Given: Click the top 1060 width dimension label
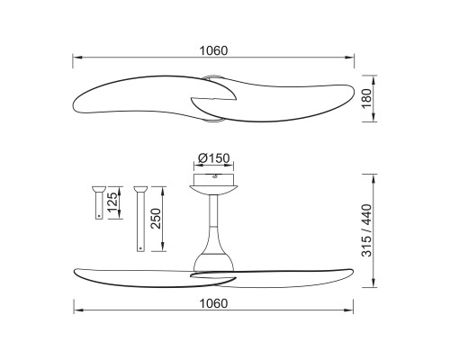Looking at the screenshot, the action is (213, 50).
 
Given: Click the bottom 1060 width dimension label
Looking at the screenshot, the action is (213, 303).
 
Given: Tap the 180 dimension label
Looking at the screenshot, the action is (366, 99).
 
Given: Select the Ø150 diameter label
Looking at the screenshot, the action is (214, 158).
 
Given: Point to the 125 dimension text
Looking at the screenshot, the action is (112, 202).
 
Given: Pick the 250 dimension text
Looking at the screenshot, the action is (157, 219).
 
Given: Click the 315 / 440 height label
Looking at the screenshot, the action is (366, 230).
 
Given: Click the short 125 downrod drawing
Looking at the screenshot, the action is (99, 202).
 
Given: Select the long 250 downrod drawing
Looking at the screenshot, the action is (140, 219).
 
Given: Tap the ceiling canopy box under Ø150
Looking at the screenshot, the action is (213, 179).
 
